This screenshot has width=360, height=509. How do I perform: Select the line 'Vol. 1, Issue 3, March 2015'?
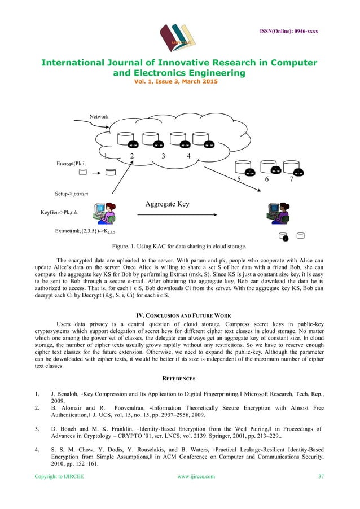tap(179, 82)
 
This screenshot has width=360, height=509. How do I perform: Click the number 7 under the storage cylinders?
tap(291, 179)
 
